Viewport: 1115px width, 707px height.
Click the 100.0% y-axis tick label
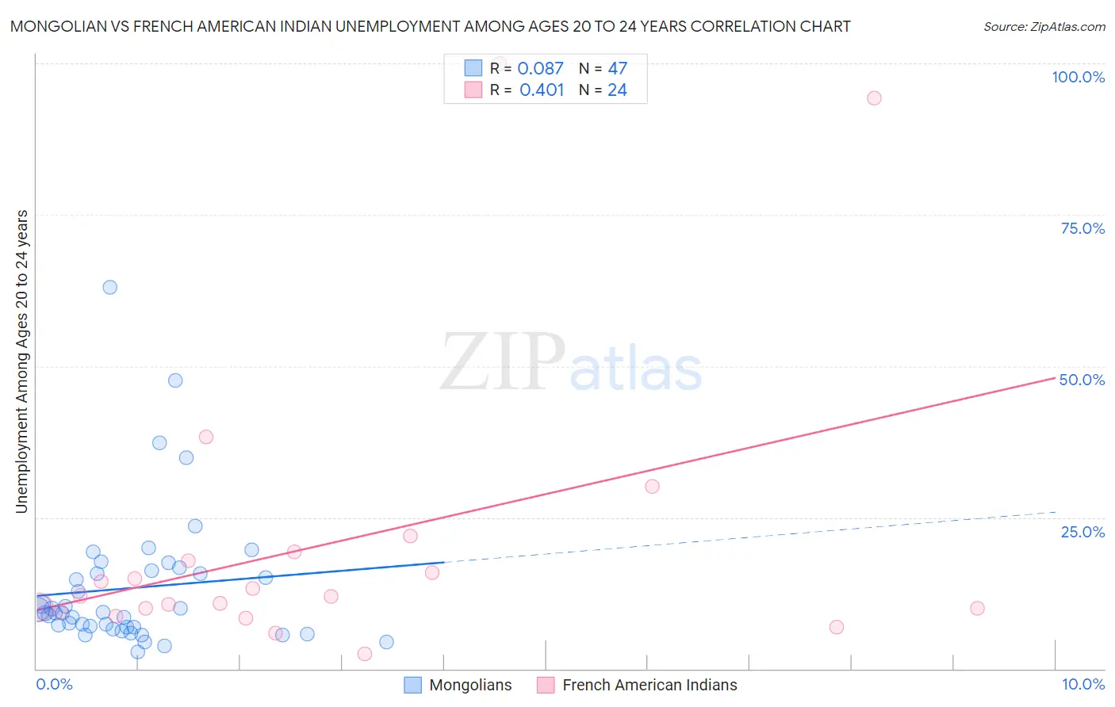(x=1078, y=77)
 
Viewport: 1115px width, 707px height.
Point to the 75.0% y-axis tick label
(x=1082, y=228)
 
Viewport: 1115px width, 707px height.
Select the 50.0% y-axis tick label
(x=1082, y=380)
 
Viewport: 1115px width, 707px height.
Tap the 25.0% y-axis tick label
(x=1082, y=531)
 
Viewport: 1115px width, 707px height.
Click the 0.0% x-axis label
(x=54, y=684)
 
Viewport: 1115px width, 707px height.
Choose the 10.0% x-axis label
(x=1082, y=684)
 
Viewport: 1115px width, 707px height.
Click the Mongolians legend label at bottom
(x=470, y=685)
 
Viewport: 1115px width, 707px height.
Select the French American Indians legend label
(x=649, y=685)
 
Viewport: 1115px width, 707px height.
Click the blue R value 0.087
(x=540, y=69)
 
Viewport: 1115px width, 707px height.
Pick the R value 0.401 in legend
(x=542, y=90)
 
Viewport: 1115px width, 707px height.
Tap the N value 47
(x=617, y=69)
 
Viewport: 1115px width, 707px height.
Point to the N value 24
(x=617, y=90)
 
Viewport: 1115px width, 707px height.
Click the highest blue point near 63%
(x=110, y=287)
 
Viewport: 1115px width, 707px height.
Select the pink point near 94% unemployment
(x=874, y=98)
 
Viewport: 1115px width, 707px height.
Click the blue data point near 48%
(x=175, y=380)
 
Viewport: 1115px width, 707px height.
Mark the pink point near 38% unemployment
(x=206, y=437)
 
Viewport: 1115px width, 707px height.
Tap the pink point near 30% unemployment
(x=652, y=487)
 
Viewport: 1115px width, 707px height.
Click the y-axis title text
(x=21, y=361)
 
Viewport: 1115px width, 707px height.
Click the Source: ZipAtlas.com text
(x=1044, y=27)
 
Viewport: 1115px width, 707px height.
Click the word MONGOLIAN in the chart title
(x=60, y=26)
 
